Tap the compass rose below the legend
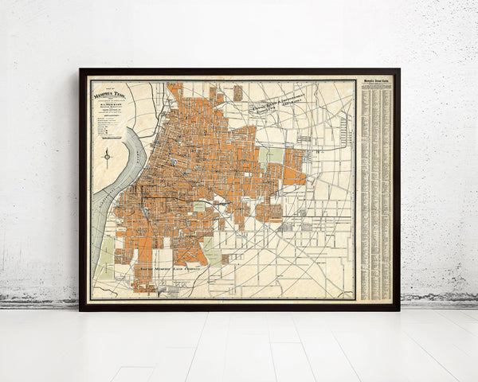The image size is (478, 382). (106, 154)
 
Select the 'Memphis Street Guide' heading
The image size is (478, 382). (376, 81)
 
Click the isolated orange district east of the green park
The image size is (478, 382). (294, 168)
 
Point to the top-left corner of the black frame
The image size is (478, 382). (81, 71)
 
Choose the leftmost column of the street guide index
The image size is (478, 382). (364, 191)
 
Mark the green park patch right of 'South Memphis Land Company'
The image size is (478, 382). (212, 256)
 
